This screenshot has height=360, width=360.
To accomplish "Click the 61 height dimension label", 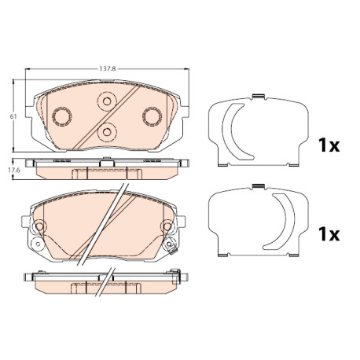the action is [13, 116].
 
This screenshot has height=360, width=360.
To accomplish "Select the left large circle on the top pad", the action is [62, 116].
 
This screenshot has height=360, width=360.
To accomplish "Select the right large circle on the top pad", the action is [152, 116].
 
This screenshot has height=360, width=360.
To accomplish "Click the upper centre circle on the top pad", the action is [107, 101].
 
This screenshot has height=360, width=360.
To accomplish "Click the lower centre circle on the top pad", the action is [107, 132].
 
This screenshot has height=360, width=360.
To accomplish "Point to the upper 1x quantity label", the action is [329, 145].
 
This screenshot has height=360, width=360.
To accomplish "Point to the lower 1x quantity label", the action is [329, 234].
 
